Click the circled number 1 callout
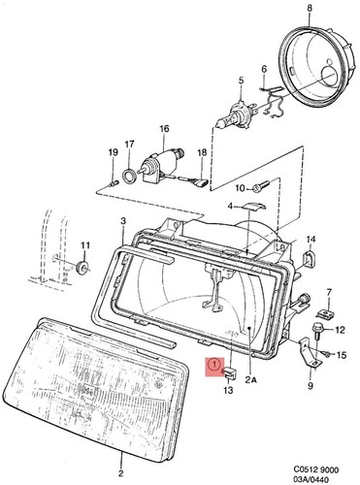pyautogui.click(x=213, y=365)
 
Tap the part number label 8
pyautogui.click(x=310, y=9)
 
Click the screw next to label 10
pyautogui.click(x=261, y=186)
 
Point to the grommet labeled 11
pyautogui.click(x=83, y=267)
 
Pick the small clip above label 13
pyautogui.click(x=229, y=372)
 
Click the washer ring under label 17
pyautogui.click(x=129, y=175)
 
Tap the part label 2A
pyautogui.click(x=250, y=380)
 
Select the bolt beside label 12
pyautogui.click(x=317, y=331)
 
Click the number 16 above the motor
pyautogui.click(x=164, y=129)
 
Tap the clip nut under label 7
pyautogui.click(x=326, y=313)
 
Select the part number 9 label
pyautogui.click(x=310, y=386)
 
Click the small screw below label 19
pyautogui.click(x=114, y=184)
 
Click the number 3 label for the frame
pyautogui.click(x=123, y=221)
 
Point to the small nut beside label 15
pyautogui.click(x=326, y=355)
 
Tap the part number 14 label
pyautogui.click(x=311, y=240)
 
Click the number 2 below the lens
pyautogui.click(x=121, y=473)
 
